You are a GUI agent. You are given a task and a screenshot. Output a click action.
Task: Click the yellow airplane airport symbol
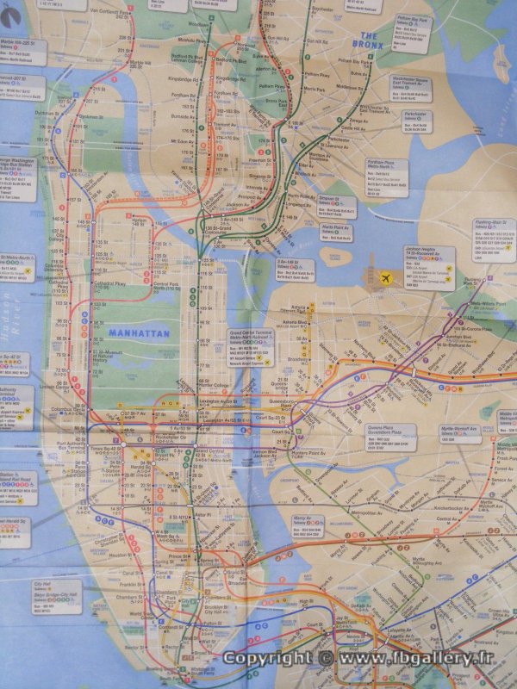tap(384, 277)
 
